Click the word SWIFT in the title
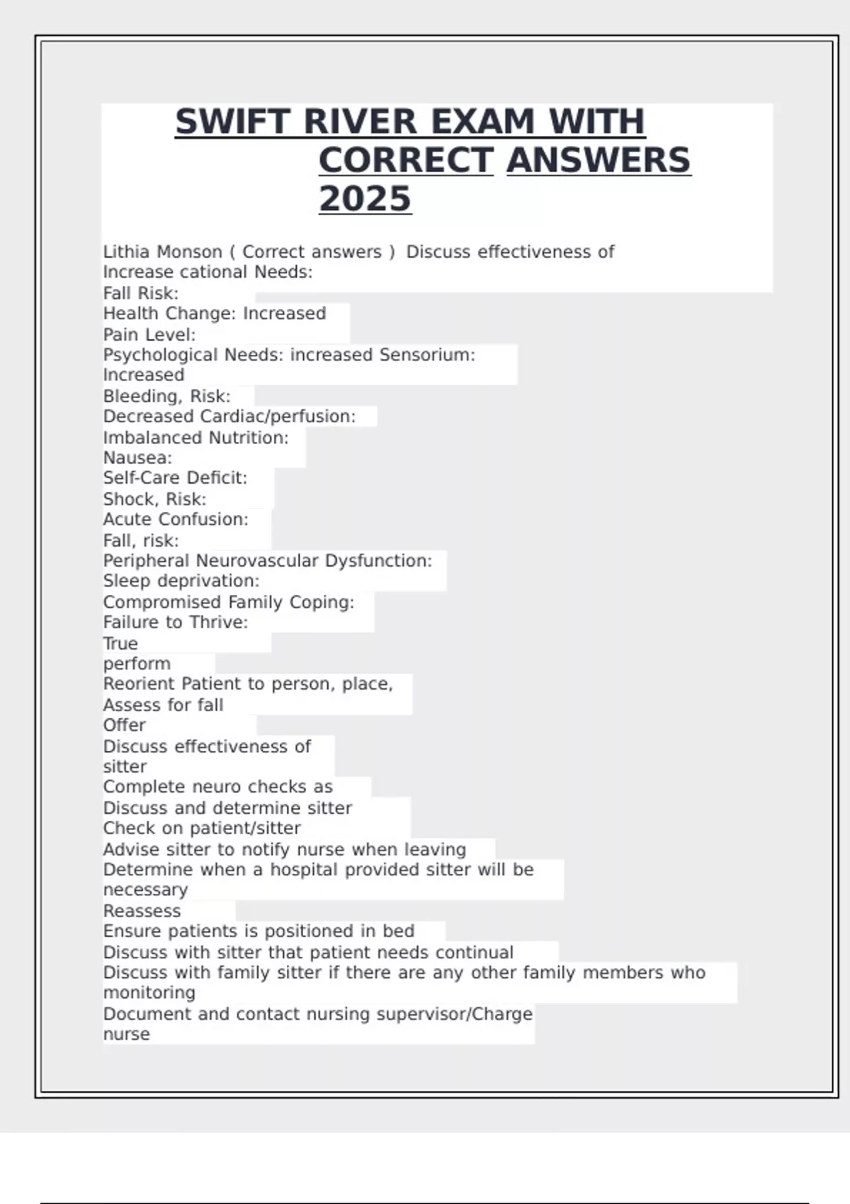coord(232,122)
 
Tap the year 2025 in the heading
coord(365,199)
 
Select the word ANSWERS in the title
coord(599,160)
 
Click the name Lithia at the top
coord(125,252)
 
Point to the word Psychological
coord(161,355)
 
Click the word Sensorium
coord(427,355)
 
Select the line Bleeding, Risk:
coord(166,396)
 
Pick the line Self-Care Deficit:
coord(175,478)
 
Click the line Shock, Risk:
coord(154,499)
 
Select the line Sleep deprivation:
coord(181,581)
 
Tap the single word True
coord(120,644)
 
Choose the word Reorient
coord(139,684)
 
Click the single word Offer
coord(124,725)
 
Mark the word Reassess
coord(142,911)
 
